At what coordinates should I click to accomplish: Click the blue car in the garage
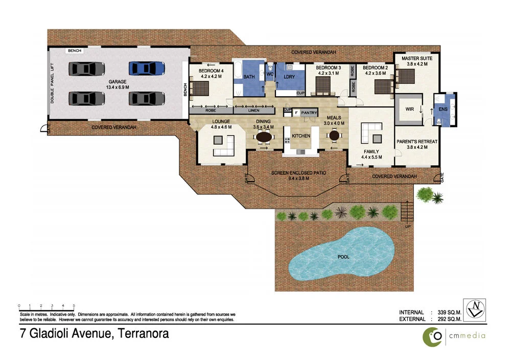tap(147, 68)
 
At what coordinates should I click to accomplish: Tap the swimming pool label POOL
tap(343, 257)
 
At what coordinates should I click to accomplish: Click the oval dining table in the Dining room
tap(264, 137)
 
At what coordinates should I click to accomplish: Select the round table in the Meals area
tap(334, 136)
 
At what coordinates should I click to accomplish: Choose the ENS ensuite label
tap(443, 108)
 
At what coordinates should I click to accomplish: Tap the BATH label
tap(249, 77)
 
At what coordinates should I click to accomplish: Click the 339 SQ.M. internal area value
tap(450, 312)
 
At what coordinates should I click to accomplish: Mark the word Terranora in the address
tap(144, 334)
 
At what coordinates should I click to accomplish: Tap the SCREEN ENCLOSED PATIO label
tap(299, 173)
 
